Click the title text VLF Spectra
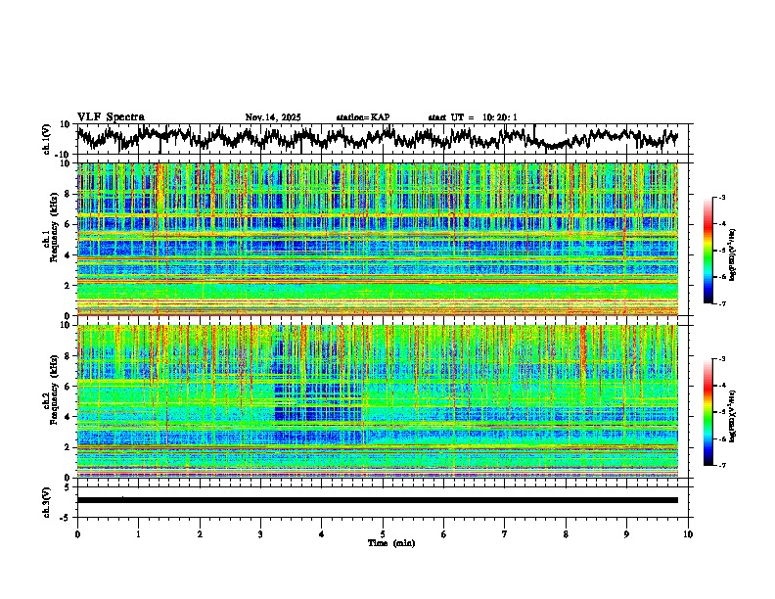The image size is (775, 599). pos(111,116)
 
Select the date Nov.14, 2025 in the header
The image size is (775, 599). pos(273,117)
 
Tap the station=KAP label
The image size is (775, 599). pos(363,117)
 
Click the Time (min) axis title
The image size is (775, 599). pos(389,542)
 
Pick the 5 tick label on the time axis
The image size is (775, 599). pos(383,533)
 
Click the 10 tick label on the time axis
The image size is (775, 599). pos(688,533)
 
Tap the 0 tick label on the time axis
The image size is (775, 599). pos(77,533)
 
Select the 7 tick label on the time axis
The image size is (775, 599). pos(505,533)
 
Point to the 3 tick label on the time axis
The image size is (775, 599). pos(260,533)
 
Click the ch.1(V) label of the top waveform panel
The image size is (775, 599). pos(47,139)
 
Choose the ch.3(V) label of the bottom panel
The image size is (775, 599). pos(47,500)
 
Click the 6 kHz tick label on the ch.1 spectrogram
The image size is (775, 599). pos(67,224)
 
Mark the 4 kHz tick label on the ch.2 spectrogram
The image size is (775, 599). pos(67,417)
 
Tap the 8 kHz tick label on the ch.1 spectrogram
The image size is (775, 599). pos(67,194)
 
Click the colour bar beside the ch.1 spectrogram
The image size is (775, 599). pos(707,251)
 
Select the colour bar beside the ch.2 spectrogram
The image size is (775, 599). pos(707,412)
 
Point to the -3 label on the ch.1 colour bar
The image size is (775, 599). pos(722,198)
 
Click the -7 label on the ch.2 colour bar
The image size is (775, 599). pos(722,466)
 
